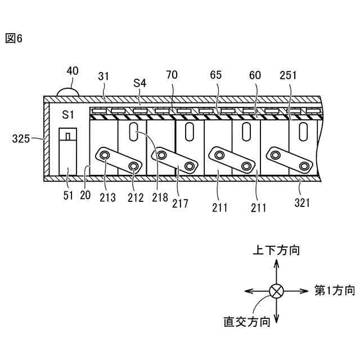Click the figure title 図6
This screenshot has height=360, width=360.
pyautogui.click(x=14, y=39)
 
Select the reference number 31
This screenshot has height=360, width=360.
pyautogui.click(x=104, y=75)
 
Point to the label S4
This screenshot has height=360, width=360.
pyautogui.click(x=139, y=83)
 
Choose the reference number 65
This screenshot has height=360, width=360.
pyautogui.click(x=216, y=75)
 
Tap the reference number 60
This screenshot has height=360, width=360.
pyautogui.click(x=255, y=75)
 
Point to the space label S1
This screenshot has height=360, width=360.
pyautogui.click(x=68, y=115)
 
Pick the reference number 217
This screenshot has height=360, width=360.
pyautogui.click(x=181, y=202)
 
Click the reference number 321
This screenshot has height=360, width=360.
pyautogui.click(x=303, y=203)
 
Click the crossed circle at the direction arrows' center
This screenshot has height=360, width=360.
pyautogui.click(x=276, y=291)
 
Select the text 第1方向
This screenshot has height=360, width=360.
pyautogui.click(x=335, y=291)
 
